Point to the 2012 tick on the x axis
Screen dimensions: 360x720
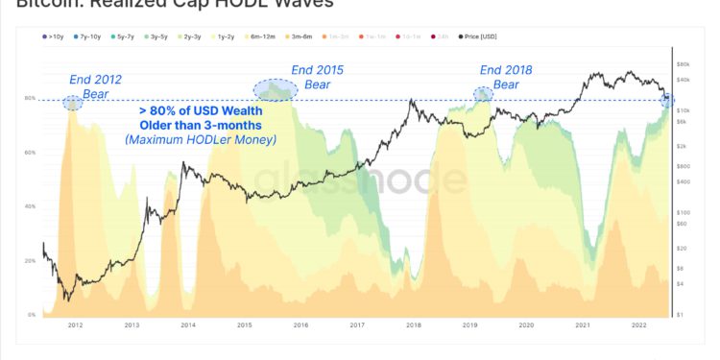click(x=75, y=325)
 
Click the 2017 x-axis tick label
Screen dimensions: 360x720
click(x=357, y=325)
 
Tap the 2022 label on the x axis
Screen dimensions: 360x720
click(x=639, y=325)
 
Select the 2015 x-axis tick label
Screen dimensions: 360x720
click(x=244, y=325)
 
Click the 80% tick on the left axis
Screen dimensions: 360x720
click(x=29, y=99)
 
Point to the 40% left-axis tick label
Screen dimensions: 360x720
click(x=29, y=206)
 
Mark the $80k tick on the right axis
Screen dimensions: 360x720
click(x=684, y=62)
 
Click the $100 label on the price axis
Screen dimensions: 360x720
click(x=684, y=212)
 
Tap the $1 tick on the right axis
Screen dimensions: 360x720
click(x=681, y=315)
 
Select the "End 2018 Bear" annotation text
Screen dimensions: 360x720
click(x=506, y=77)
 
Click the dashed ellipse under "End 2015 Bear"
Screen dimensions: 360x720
click(x=276, y=91)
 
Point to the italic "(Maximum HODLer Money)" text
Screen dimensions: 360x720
click(x=200, y=141)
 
